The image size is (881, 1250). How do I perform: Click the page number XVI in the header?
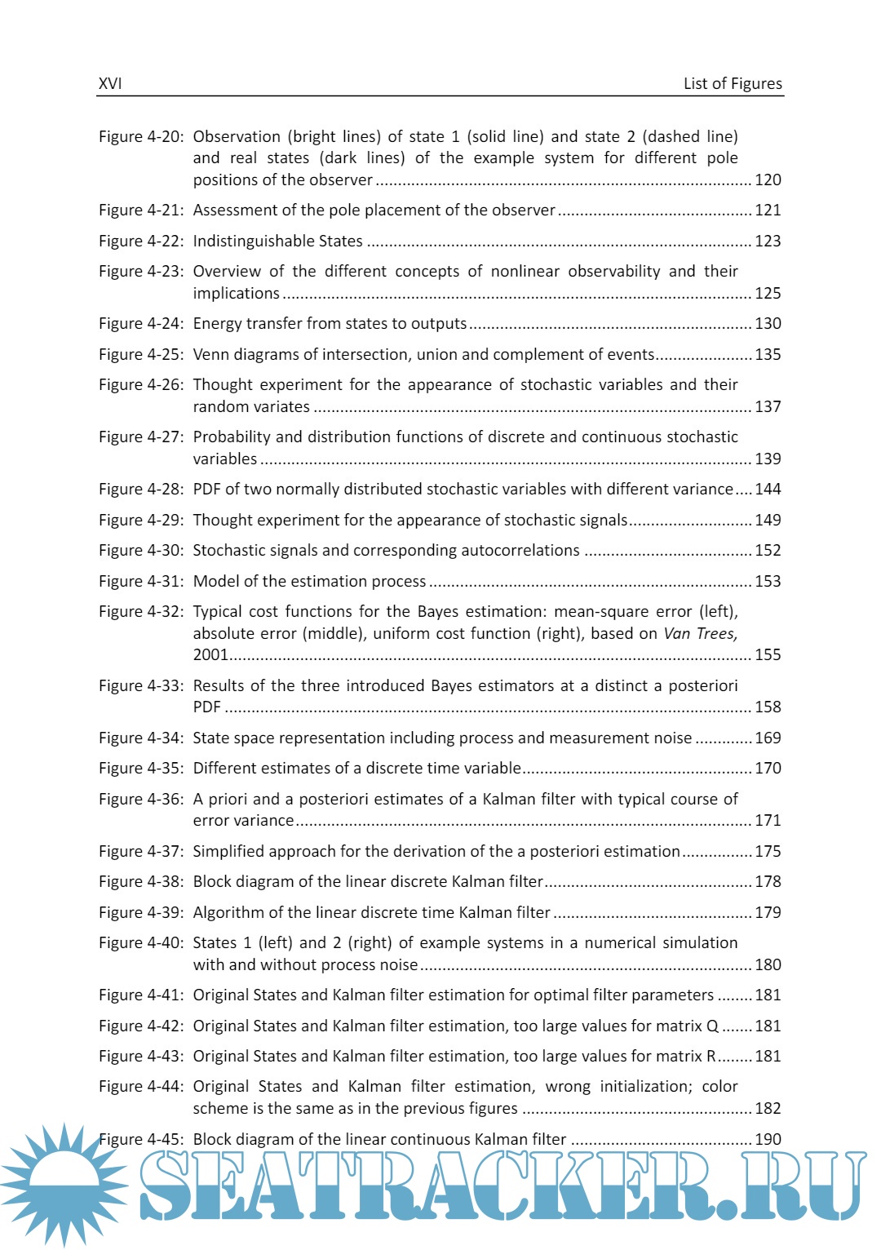pyautogui.click(x=110, y=84)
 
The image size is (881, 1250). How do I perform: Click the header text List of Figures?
pyautogui.click(x=733, y=84)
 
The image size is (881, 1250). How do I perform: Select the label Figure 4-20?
pyautogui.click(x=141, y=137)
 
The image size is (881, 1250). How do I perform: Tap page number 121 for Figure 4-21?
pyautogui.click(x=768, y=211)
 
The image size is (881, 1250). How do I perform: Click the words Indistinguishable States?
pyautogui.click(x=277, y=242)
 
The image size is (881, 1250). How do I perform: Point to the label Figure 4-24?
pyautogui.click(x=141, y=324)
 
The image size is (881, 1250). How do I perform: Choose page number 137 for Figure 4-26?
pyautogui.click(x=768, y=407)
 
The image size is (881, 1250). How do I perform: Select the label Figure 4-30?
pyautogui.click(x=141, y=551)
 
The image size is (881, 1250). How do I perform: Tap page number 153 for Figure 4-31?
pyautogui.click(x=768, y=582)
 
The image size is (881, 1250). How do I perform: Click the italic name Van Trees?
pyautogui.click(x=700, y=634)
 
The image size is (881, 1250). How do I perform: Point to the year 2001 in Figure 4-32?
pyautogui.click(x=210, y=655)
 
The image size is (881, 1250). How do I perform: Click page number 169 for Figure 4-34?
pyautogui.click(x=768, y=738)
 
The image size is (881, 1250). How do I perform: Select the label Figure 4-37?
pyautogui.click(x=141, y=852)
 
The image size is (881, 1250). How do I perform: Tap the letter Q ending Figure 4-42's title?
pyautogui.click(x=712, y=1026)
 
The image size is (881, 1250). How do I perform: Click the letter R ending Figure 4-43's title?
pyautogui.click(x=711, y=1057)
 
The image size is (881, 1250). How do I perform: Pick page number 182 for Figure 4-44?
pyautogui.click(x=768, y=1109)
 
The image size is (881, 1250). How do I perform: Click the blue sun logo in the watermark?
pyautogui.click(x=64, y=1183)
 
